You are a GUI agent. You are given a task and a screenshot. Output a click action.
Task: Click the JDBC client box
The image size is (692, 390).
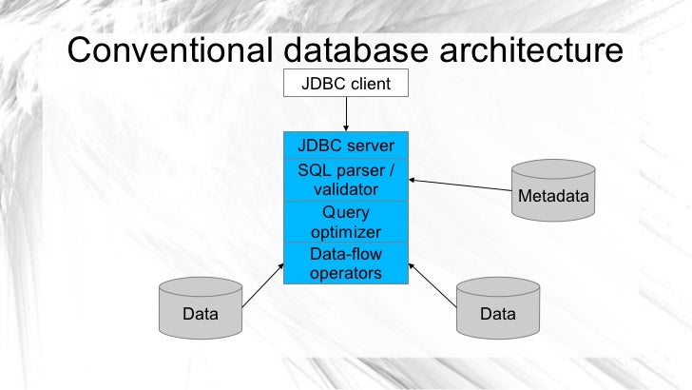point(346,84)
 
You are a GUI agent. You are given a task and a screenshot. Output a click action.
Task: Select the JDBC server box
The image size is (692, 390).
point(346,146)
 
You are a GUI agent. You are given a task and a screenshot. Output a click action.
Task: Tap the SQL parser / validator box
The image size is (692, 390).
point(346,180)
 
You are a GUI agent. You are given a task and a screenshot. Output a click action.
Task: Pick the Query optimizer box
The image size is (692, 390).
point(346,222)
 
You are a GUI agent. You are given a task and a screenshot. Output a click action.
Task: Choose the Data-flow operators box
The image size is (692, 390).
point(346,263)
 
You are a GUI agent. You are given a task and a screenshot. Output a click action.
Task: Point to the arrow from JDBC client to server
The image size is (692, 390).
point(346,114)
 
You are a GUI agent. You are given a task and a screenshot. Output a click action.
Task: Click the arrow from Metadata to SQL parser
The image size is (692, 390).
point(460,186)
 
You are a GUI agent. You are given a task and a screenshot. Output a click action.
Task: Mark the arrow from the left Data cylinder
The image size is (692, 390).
point(263,285)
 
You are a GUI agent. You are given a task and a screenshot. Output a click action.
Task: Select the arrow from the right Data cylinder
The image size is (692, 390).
point(434,286)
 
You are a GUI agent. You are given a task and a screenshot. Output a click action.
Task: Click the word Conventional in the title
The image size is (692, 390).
point(167,49)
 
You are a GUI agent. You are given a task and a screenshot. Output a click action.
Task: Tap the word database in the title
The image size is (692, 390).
point(372,49)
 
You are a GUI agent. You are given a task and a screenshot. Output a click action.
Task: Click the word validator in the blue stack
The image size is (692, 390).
point(346,189)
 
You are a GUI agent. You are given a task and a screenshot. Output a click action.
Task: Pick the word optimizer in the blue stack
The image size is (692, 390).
point(346,232)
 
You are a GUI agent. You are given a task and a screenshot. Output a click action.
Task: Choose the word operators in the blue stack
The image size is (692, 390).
point(346,273)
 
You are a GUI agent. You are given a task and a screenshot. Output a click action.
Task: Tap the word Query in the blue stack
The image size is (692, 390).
point(346,212)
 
